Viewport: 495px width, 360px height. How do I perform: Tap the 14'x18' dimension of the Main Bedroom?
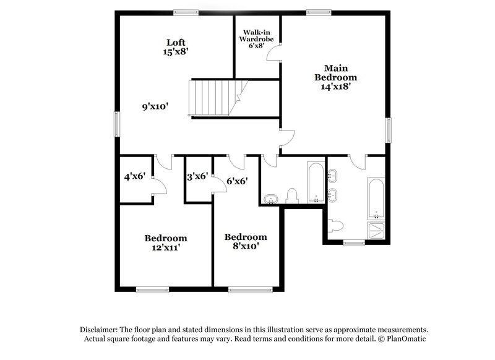336,87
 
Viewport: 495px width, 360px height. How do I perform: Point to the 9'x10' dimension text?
155,106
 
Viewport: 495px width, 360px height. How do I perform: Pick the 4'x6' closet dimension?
134,176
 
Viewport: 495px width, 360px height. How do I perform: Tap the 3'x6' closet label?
197,176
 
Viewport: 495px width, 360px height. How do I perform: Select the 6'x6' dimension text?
237,181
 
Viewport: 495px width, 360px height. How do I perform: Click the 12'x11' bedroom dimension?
166,247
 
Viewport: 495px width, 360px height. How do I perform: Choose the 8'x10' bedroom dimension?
246,246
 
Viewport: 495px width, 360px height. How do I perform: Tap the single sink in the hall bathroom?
270,199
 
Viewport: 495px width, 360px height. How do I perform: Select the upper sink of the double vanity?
334,176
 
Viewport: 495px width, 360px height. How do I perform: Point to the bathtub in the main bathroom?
376,198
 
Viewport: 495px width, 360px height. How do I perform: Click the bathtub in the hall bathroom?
315,182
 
